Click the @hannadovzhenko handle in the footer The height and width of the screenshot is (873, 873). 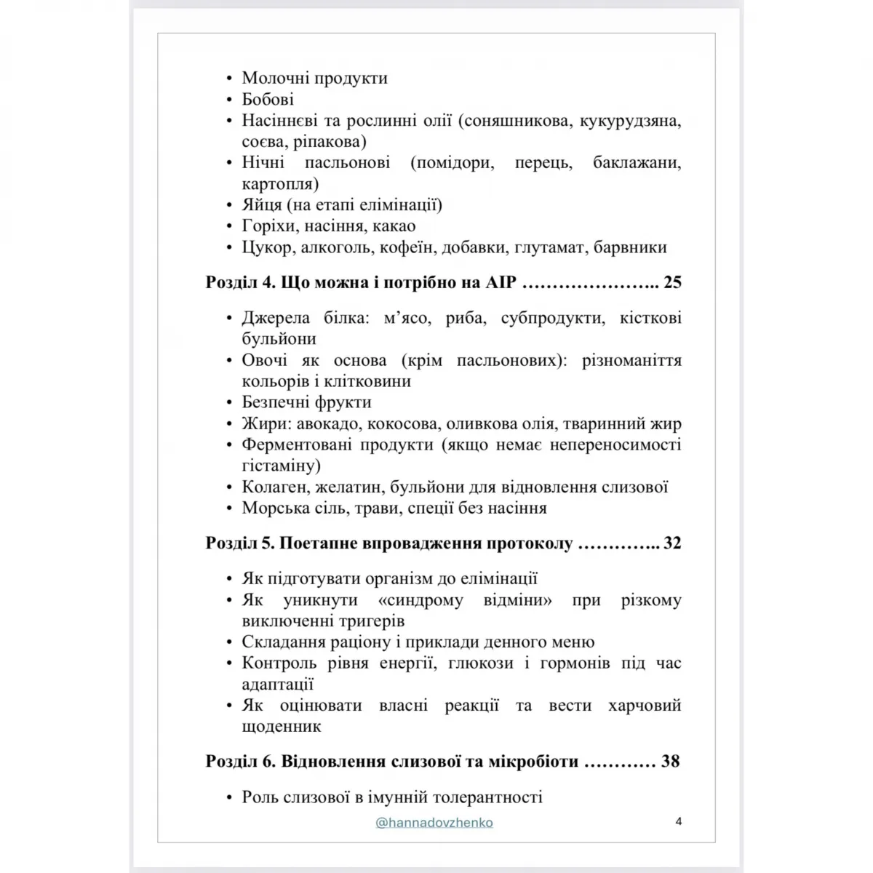point(434,823)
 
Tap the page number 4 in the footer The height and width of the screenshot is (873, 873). point(678,822)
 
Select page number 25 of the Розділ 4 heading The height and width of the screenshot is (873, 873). point(672,282)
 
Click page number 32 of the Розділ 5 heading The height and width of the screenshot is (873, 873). point(672,543)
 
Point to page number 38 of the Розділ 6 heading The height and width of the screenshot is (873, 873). point(670,761)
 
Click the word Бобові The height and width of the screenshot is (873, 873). point(268,99)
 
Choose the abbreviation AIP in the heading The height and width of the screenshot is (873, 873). point(499,282)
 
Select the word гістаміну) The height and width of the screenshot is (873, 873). point(282,466)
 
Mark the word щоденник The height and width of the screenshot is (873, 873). point(282,726)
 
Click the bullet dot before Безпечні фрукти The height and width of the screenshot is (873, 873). point(230,403)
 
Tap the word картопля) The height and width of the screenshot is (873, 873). point(280,184)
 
